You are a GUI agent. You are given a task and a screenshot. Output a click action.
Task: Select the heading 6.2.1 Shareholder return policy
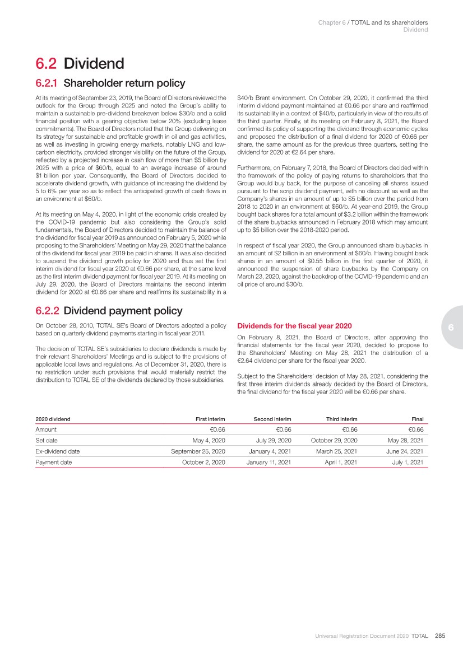pyautogui.click(x=110, y=83)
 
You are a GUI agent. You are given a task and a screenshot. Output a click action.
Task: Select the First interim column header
pyautogui.click(x=210, y=419)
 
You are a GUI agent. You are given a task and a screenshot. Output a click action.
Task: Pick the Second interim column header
pyautogui.click(x=272, y=419)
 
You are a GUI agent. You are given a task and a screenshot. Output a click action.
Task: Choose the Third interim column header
pyautogui.click(x=341, y=419)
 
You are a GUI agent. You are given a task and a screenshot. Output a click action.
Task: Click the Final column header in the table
pyautogui.click(x=416, y=419)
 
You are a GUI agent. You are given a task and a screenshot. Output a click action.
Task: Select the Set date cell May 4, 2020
pyautogui.click(x=209, y=440)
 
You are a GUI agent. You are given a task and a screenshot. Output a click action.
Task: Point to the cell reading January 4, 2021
pyautogui.click(x=268, y=451)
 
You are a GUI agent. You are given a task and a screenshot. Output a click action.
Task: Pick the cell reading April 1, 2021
pyautogui.click(x=341, y=463)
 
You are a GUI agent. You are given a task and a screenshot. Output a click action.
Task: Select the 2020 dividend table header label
pyautogui.click(x=53, y=419)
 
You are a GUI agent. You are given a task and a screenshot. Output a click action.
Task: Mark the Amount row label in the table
pyautogui.click(x=46, y=429)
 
